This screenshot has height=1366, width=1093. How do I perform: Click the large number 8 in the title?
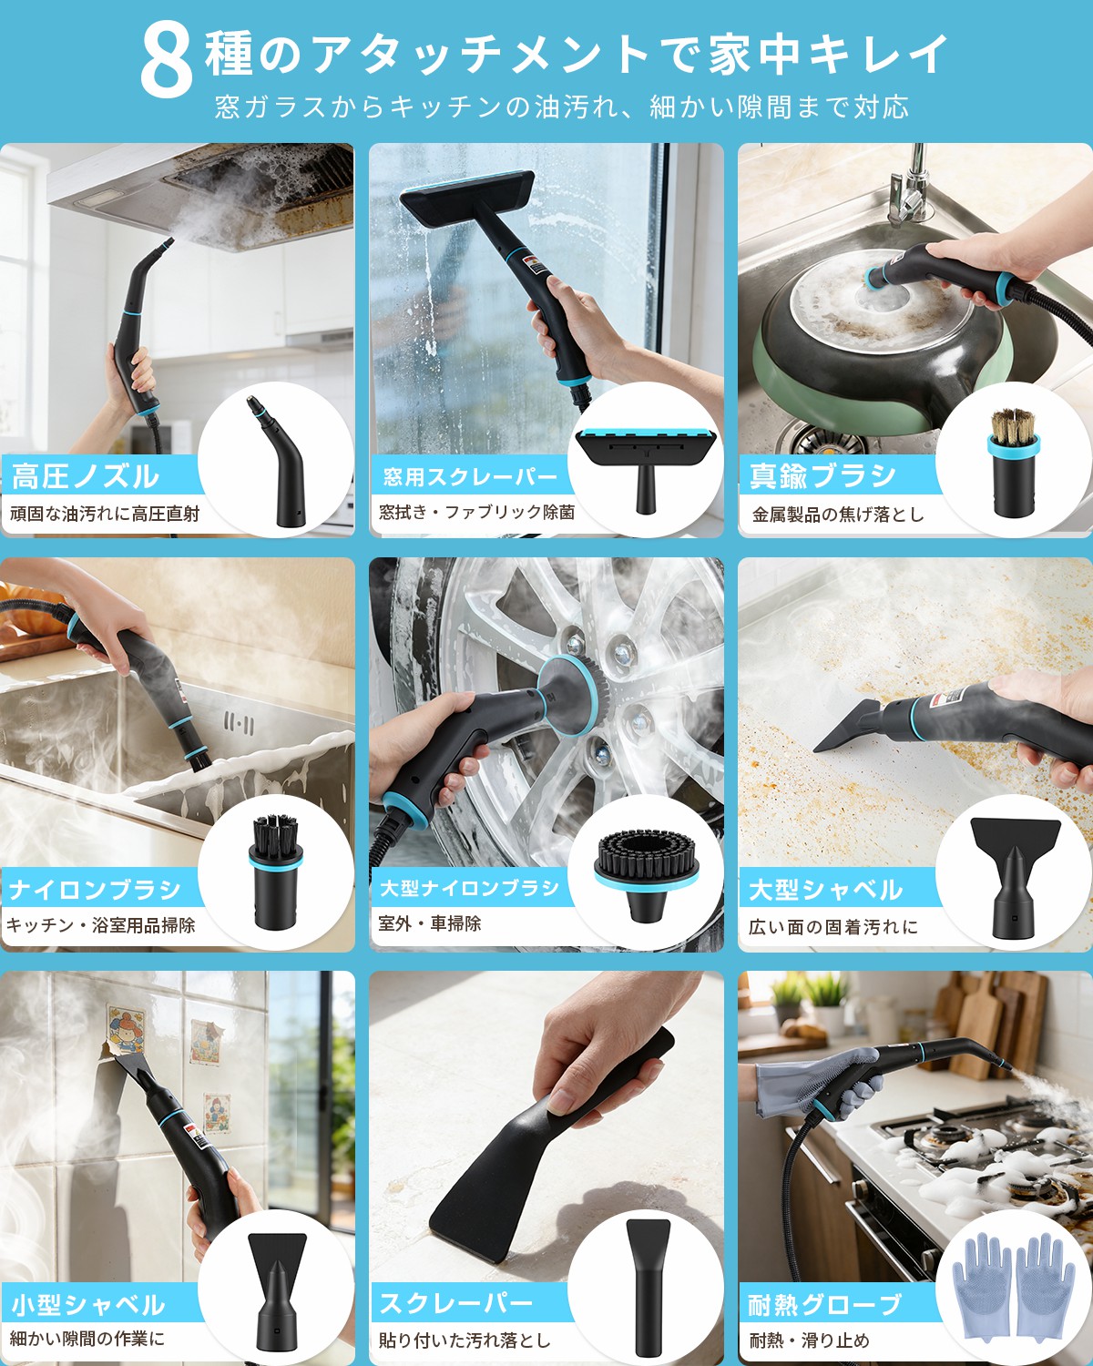[x=166, y=60]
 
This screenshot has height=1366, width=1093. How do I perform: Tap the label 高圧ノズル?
[x=85, y=475]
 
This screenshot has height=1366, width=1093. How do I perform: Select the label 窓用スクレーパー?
[x=469, y=476]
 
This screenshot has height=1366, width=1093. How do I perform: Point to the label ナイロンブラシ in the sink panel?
[x=95, y=889]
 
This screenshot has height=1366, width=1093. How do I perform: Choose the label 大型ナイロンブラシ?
[x=469, y=888]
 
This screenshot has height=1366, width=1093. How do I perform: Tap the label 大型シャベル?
[x=825, y=889]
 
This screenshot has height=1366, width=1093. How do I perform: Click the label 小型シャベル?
[x=88, y=1304]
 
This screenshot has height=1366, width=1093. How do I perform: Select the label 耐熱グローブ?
[x=824, y=1304]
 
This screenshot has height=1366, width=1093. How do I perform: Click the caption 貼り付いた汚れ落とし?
[x=465, y=1340]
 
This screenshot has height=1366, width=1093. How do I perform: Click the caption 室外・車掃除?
[x=429, y=923]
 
